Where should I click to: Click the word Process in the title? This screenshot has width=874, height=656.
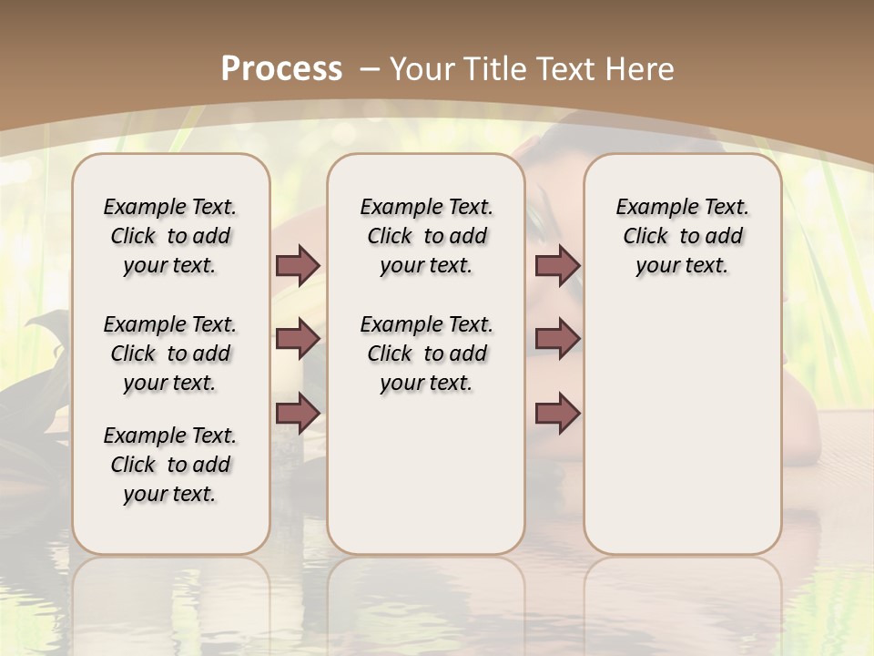(x=282, y=68)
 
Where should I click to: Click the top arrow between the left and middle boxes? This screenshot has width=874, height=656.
(x=298, y=265)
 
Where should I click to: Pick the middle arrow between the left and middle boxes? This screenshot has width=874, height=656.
(x=298, y=339)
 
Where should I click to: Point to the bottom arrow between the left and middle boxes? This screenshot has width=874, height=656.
(x=298, y=413)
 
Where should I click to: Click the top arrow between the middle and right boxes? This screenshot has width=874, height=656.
(x=557, y=265)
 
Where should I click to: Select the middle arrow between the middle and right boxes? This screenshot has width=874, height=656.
(x=557, y=339)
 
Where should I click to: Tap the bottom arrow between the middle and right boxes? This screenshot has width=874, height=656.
(x=557, y=413)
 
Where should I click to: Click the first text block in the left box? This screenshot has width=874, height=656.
(x=170, y=236)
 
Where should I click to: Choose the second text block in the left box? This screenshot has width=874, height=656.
(x=170, y=354)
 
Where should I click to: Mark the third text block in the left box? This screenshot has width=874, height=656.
(x=170, y=465)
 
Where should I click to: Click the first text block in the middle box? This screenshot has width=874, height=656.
(x=426, y=236)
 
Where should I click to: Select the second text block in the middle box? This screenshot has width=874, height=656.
(x=426, y=354)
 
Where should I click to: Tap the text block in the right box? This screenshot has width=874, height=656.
(x=682, y=236)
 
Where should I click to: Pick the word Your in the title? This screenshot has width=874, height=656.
(x=423, y=68)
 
